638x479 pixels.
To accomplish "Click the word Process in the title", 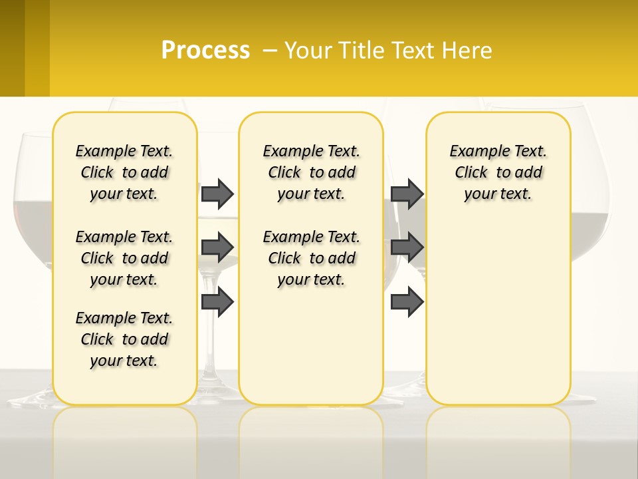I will point(205,50).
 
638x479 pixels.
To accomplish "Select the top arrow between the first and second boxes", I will point(217,194).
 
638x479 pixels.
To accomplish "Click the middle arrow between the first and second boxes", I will point(217,247).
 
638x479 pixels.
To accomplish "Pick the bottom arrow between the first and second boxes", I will point(217,302).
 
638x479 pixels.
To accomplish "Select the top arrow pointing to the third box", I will point(407,194).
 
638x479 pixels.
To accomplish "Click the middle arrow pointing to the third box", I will point(407,247).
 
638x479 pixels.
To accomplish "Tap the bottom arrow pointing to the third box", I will point(407,302).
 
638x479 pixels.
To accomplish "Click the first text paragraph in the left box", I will point(124,172).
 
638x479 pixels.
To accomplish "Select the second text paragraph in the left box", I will point(124,258).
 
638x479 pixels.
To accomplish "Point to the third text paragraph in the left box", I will point(124,339).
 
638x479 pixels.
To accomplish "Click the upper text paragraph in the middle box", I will point(311,172).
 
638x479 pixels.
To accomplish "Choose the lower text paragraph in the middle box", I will point(311,258).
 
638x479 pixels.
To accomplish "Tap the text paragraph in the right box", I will point(498,172).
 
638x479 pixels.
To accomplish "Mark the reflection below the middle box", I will point(311,432).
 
